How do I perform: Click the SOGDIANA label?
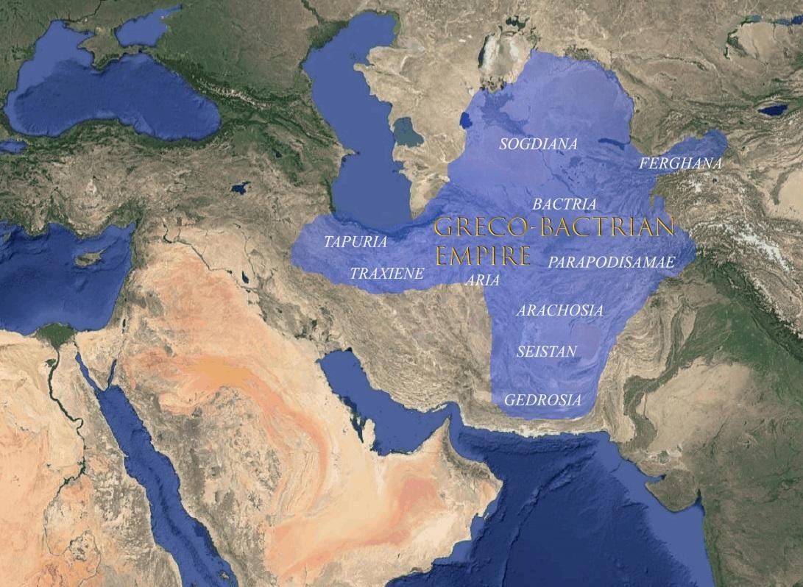pos(538,144)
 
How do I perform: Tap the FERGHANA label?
pos(680,164)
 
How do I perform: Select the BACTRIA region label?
pos(565,204)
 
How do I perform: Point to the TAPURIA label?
pos(355,241)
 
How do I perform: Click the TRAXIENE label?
pos(387,274)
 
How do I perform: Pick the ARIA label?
pos(483,280)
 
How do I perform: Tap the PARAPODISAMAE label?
pos(612,262)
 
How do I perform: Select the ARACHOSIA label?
pos(559,310)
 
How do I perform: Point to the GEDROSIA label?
pos(542,401)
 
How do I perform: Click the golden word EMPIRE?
pos(483,255)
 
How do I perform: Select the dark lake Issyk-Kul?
pos(772,110)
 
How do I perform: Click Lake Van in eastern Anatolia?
pos(239,188)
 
